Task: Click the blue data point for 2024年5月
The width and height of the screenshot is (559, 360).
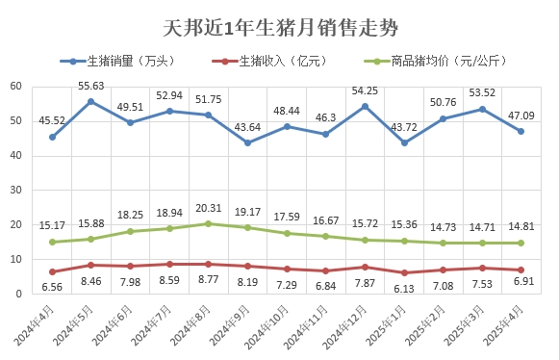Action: (91, 101)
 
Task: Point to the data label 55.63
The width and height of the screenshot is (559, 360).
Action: (91, 86)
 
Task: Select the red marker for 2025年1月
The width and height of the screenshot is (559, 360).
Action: (404, 272)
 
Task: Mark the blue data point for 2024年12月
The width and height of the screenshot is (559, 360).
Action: (365, 106)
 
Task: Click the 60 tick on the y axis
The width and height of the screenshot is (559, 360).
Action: (16, 86)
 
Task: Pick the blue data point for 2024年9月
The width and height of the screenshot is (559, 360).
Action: (247, 142)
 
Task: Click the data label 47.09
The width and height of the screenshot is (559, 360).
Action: (521, 115)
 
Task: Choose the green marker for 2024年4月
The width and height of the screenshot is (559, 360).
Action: (52, 242)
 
